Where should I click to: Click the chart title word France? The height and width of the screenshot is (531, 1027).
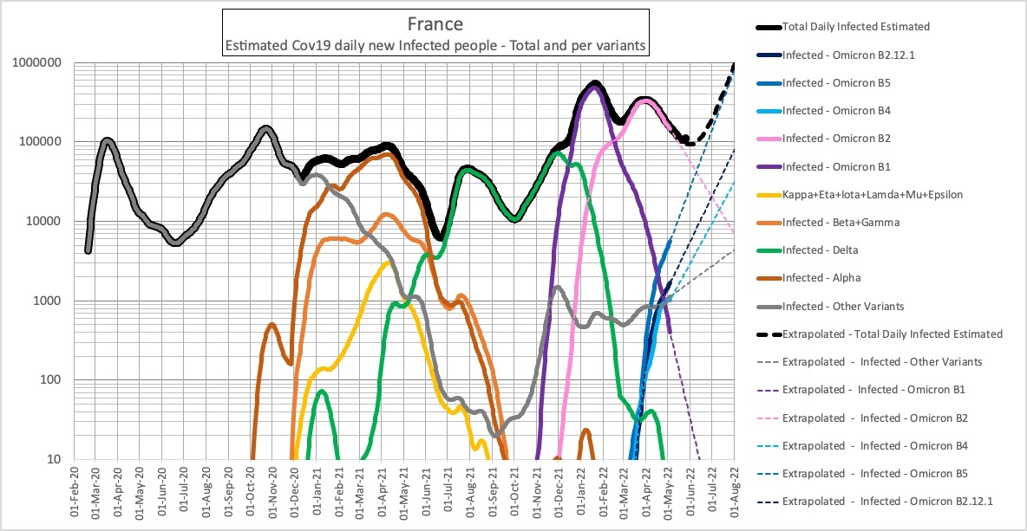(435, 24)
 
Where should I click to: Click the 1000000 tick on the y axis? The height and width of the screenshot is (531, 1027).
(36, 63)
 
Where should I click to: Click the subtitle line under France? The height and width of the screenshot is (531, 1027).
(435, 46)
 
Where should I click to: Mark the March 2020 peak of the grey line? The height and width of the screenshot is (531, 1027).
(107, 140)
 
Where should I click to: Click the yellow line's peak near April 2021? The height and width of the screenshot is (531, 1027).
(388, 262)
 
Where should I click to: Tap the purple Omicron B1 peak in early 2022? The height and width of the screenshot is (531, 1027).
(594, 87)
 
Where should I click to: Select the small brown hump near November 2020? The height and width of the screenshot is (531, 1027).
(271, 326)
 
